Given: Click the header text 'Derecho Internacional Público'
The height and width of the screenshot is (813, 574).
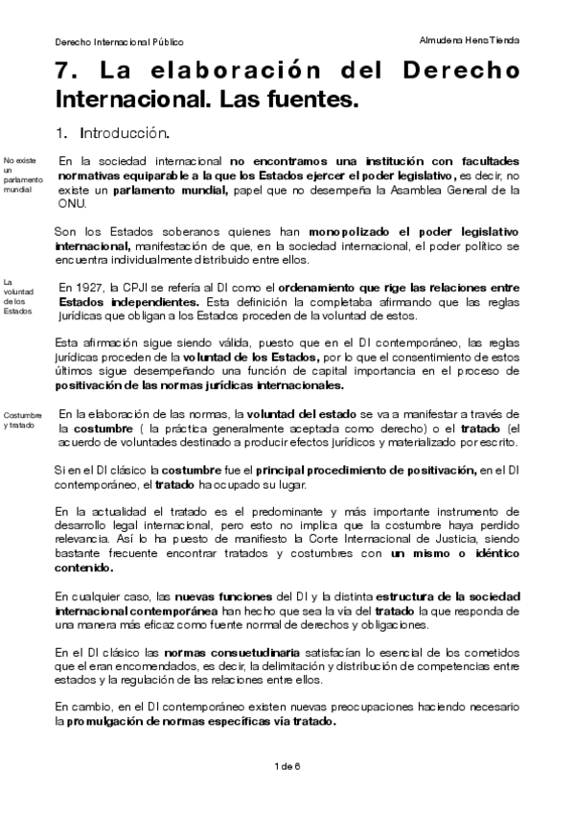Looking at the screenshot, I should point(118,42).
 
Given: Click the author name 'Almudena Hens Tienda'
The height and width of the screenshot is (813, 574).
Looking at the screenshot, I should point(470,41).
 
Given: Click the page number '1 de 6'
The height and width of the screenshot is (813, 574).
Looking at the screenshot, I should point(287,765).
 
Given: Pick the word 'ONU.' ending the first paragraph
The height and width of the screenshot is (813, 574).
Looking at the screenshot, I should point(73,204).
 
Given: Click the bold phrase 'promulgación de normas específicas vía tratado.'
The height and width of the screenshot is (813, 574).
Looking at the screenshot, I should point(202,721).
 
